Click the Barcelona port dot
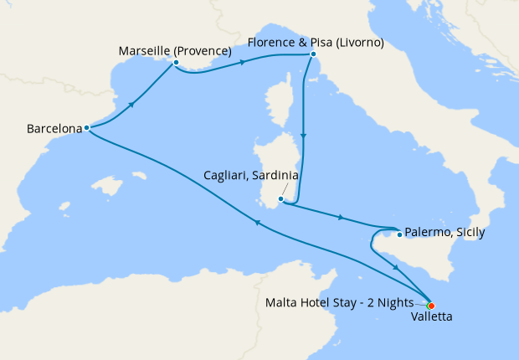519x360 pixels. [x=86, y=128]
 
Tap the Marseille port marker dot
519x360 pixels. [x=176, y=62]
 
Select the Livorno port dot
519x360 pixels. [x=313, y=54]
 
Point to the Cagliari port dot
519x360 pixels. [x=281, y=199]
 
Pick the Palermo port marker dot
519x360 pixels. [x=399, y=234]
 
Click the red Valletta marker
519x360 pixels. [x=431, y=306]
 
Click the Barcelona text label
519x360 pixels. [x=54, y=129]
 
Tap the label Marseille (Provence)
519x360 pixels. [x=175, y=49]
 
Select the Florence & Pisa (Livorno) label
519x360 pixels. [x=315, y=42]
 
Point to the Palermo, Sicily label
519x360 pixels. [x=444, y=233]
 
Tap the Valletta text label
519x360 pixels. [x=432, y=318]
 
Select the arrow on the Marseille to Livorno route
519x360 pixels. [x=242, y=62]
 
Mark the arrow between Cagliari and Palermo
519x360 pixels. [x=339, y=218]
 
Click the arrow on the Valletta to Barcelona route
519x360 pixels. [x=258, y=223]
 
